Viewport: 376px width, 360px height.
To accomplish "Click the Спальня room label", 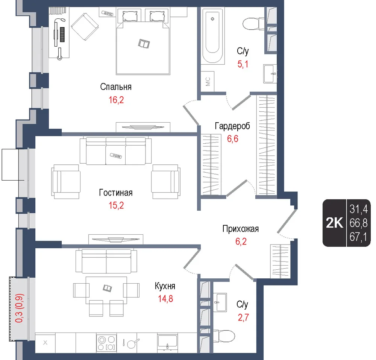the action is (x=116, y=87).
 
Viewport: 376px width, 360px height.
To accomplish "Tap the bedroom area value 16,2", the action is (x=116, y=100).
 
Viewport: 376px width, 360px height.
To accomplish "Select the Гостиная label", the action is (x=116, y=193).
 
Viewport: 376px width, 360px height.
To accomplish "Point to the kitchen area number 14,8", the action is (x=165, y=299).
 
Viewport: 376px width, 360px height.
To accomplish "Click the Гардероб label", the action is (x=232, y=126).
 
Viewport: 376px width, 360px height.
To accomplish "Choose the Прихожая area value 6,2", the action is (x=241, y=242).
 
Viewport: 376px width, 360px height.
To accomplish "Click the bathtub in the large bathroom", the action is (x=213, y=36).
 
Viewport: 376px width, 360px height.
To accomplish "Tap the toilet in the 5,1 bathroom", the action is (x=253, y=24).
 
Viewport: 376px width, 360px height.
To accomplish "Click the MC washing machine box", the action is (x=208, y=81).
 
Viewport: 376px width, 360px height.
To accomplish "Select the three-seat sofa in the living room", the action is (x=115, y=150).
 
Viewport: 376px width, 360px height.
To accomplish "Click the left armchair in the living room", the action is (x=65, y=181).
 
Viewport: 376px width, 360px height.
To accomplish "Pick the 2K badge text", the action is (x=335, y=223).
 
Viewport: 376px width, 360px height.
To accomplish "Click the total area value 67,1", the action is (x=358, y=237).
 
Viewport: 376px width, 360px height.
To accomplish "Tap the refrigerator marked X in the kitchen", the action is (x=45, y=343).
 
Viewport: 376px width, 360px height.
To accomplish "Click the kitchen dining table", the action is (x=106, y=290).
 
